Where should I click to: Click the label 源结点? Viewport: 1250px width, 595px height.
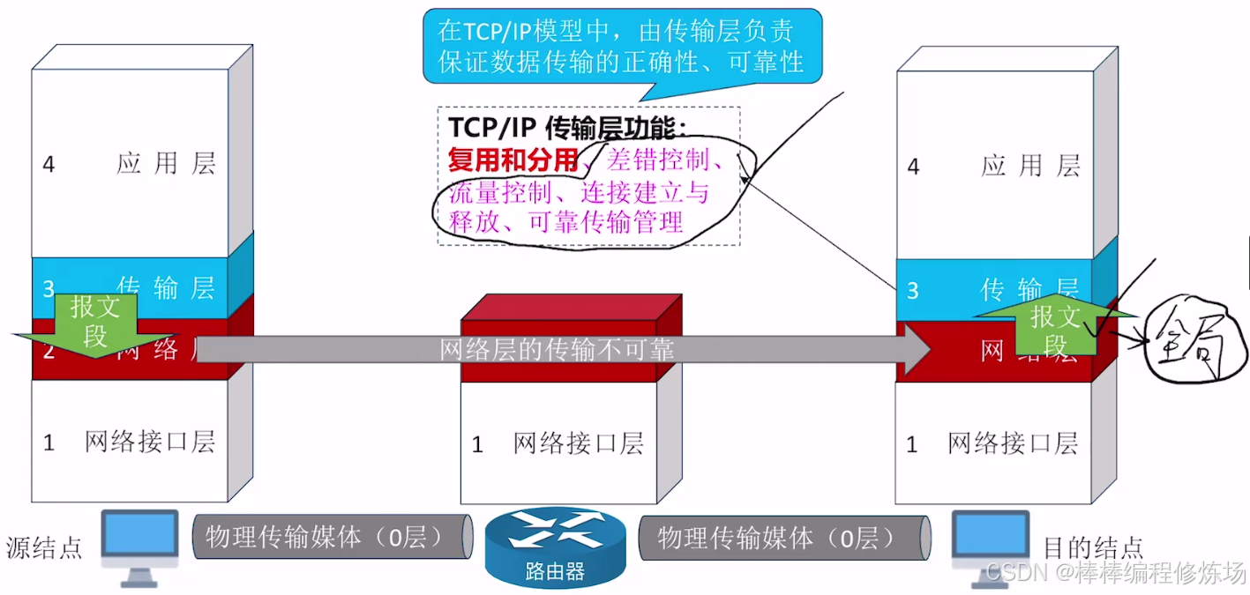44,547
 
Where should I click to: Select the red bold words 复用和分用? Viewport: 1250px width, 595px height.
513,160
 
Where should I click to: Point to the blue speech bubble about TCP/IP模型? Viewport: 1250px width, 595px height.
621,47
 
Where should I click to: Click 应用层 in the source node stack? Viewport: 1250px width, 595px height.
166,164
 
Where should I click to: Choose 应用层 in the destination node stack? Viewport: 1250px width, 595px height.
1030,166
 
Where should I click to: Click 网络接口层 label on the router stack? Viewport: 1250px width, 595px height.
578,443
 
